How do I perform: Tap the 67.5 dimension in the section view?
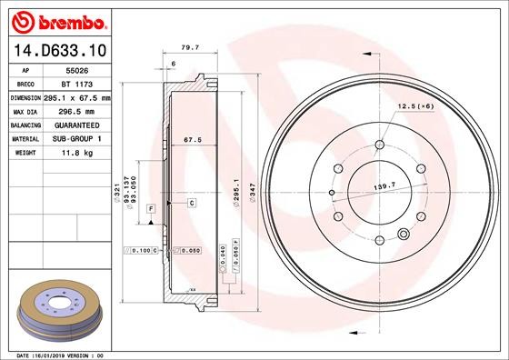pyautogui.click(x=192, y=141)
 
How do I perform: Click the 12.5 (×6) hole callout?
pyautogui.click(x=414, y=106)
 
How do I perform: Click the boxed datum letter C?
pyautogui.click(x=192, y=202)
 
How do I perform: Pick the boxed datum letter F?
pyautogui.click(x=150, y=210)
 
